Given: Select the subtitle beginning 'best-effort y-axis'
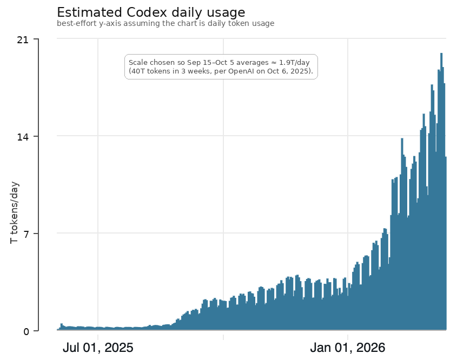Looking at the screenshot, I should pos(165,24).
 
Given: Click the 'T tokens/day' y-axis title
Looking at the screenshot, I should pos(15,212).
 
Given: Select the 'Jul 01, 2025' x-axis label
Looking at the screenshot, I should pos(98,348).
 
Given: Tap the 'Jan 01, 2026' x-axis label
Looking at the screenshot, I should pos(348,348).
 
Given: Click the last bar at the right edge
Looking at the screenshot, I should pos(446,243).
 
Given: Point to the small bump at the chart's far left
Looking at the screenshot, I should pos(62,326).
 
